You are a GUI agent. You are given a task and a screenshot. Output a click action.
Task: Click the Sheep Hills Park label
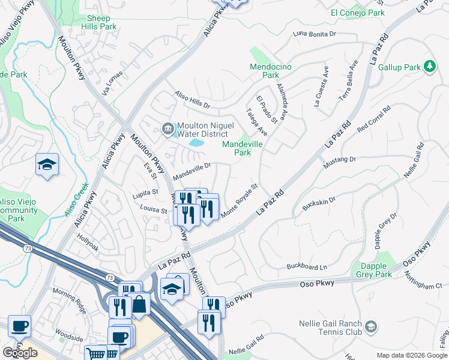pos(98,23)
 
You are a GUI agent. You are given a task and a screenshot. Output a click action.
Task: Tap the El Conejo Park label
pos(357,12)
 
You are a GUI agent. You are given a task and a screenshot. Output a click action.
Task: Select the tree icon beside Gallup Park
pos(430,67)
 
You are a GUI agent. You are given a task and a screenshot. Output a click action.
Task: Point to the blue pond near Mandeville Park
pos(196,143)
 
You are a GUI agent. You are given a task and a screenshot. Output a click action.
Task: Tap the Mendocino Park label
pos(271,71)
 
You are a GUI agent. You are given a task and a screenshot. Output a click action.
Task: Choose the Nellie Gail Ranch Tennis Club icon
pos(372,327)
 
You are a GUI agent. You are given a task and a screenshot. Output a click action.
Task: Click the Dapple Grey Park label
pos(376,270)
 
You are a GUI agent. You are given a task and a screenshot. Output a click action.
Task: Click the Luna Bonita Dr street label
pos(315,34)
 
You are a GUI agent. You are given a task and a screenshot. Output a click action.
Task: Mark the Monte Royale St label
pos(239,201)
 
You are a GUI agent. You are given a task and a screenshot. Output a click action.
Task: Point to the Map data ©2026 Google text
pos(411,355)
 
